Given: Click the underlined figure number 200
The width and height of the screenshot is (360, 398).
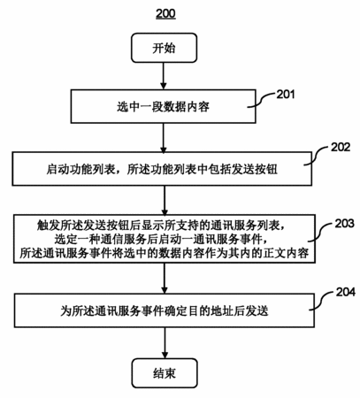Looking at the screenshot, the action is click(165, 13).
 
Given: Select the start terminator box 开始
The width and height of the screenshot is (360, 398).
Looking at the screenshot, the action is click(164, 48).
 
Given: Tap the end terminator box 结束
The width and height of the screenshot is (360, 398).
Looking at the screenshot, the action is click(165, 373).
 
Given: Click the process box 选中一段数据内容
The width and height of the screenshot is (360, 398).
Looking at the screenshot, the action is click(163, 106).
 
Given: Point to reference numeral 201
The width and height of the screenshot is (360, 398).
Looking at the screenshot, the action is click(286, 95).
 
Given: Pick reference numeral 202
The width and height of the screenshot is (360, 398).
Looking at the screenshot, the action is click(341, 147).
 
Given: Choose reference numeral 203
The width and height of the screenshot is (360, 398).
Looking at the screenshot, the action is click(344, 224).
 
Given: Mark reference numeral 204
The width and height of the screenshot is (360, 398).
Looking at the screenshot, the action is click(346, 292).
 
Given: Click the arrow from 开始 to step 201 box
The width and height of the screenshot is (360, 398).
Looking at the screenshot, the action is click(164, 76).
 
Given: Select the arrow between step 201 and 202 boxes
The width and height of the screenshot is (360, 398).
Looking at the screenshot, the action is click(164, 138).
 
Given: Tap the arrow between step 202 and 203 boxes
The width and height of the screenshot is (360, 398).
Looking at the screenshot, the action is click(165, 200).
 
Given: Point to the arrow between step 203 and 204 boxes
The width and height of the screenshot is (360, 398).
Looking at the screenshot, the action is click(165, 279).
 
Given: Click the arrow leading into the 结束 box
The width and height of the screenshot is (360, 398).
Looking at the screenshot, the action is click(165, 343).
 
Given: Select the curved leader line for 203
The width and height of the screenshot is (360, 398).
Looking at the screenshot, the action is click(320, 233).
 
